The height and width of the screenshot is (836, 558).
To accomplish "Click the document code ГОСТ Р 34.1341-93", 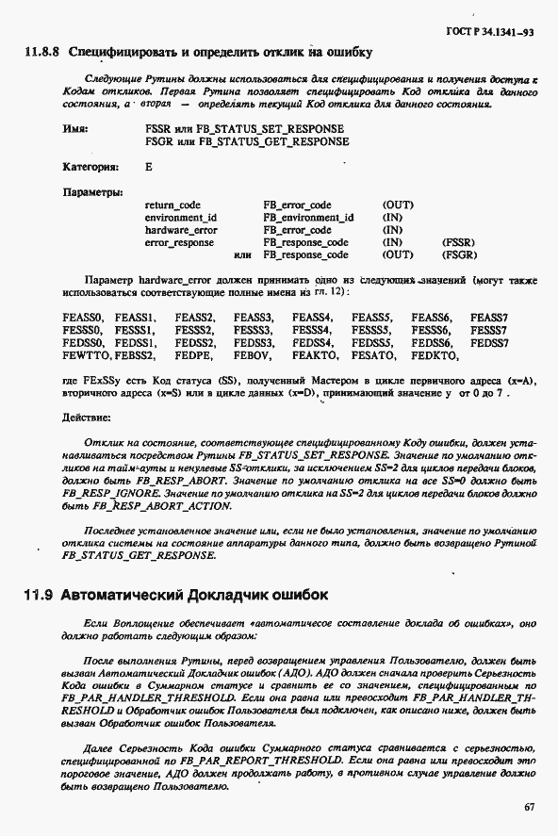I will coord(496,32).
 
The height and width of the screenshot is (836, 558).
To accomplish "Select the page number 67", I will coord(529,807).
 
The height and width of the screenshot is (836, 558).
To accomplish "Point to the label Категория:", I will coord(90,167).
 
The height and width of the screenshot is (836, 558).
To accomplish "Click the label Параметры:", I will coord(93,191).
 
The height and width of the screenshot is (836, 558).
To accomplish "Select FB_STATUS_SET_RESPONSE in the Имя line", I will coord(271,128).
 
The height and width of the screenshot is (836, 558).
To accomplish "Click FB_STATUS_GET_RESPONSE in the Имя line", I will coord(272,141).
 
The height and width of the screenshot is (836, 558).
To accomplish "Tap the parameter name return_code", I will coord(172,205).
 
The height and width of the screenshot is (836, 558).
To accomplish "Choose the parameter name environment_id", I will coord(181,217).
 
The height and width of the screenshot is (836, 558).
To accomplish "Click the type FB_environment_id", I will coord(308,217).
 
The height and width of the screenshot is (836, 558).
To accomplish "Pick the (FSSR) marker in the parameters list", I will coord(458,242).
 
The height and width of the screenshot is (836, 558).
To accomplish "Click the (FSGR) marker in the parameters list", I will coord(458,254).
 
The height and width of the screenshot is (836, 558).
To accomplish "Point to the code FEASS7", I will coord(488,319).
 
